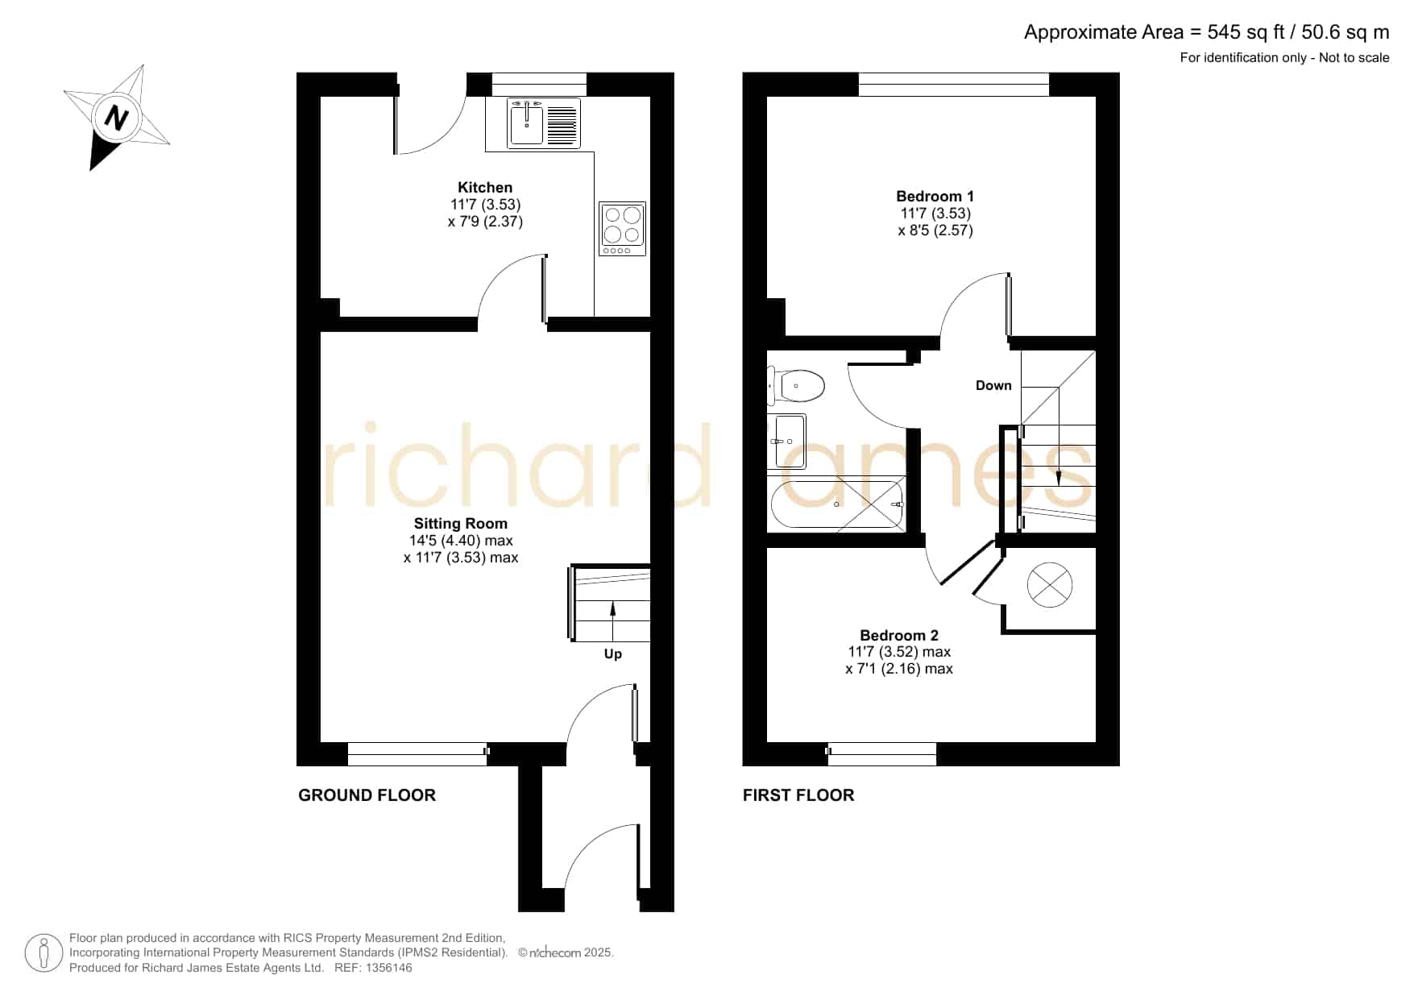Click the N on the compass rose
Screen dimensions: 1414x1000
118,118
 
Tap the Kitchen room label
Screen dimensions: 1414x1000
485,188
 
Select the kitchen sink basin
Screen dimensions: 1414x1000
526,122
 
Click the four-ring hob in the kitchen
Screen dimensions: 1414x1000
623,229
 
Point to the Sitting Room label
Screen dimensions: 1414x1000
461,524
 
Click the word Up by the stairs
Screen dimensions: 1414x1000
613,654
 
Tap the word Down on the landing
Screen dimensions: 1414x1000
993,386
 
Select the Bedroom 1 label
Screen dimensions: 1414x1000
935,197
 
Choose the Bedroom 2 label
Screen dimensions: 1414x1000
899,636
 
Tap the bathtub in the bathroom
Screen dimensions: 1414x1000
837,504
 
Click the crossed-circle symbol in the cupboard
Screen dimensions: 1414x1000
1050,584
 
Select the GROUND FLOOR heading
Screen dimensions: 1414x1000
367,795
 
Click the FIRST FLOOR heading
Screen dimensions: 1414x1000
798,795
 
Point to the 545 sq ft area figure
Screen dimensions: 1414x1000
1246,32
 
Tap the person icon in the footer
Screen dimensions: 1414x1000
44,953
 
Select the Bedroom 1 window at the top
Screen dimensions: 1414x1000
954,85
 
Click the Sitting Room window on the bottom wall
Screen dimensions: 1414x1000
417,754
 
